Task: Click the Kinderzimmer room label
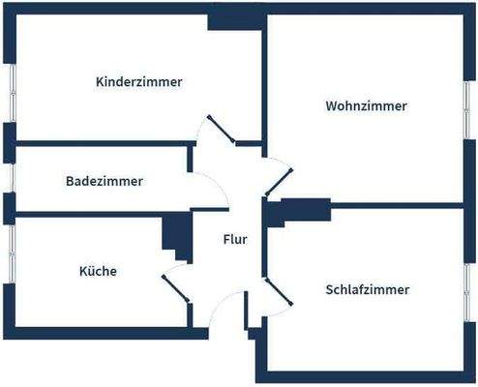click(x=139, y=81)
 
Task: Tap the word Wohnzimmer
click(x=366, y=105)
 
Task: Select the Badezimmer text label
click(x=105, y=181)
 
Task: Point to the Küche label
click(x=97, y=272)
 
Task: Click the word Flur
click(x=235, y=240)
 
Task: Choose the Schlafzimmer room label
click(x=368, y=289)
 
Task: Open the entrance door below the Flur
click(x=226, y=310)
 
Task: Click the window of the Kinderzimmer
click(x=10, y=93)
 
